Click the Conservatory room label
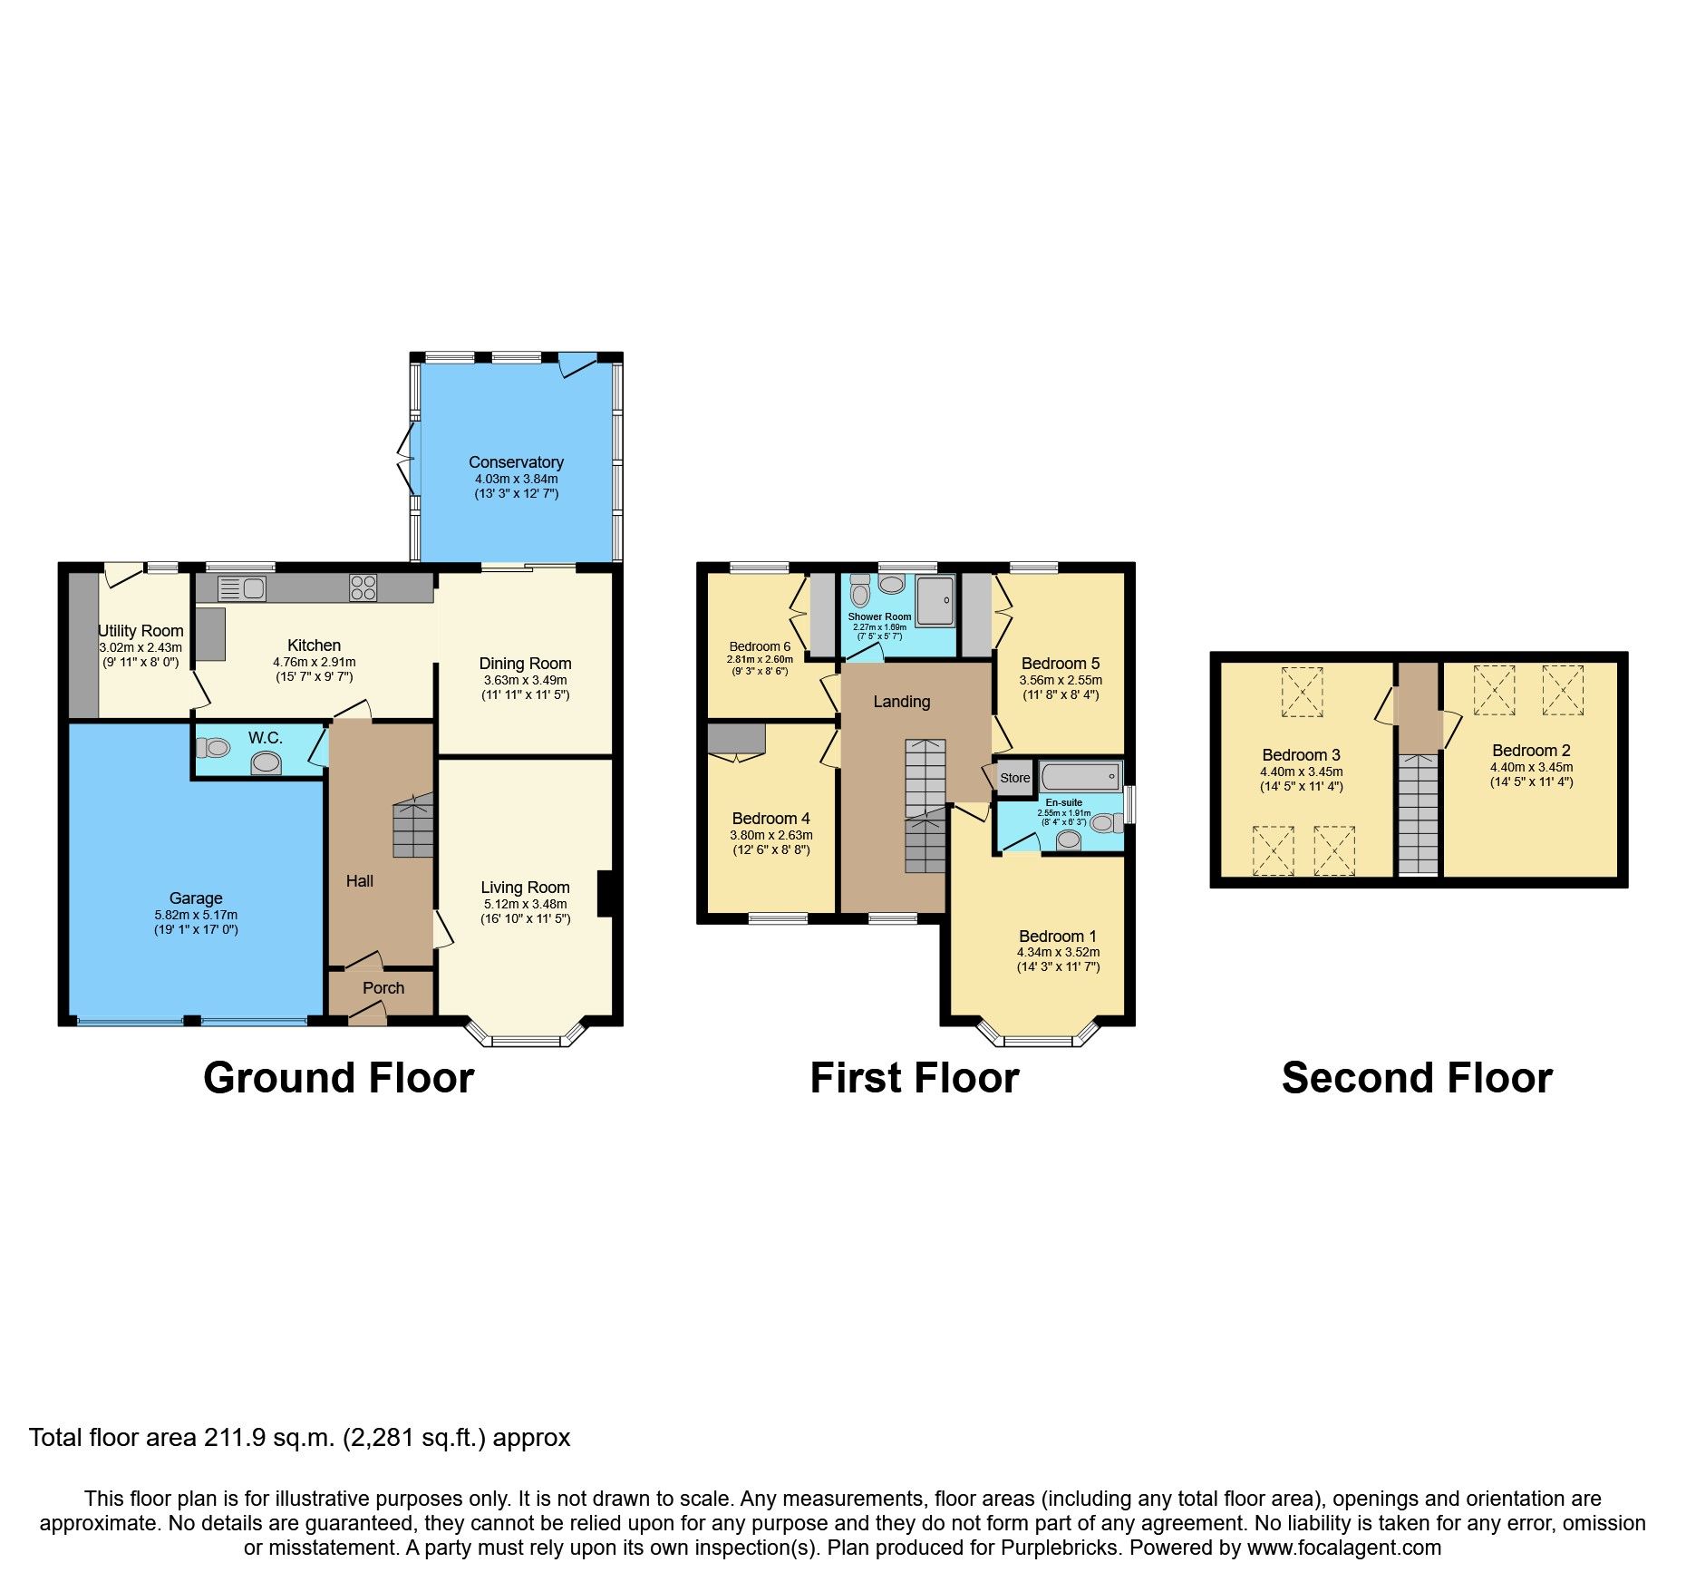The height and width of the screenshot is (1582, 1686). [x=516, y=462]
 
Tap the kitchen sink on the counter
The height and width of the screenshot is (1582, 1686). [x=242, y=588]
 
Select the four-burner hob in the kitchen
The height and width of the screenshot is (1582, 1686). [x=363, y=587]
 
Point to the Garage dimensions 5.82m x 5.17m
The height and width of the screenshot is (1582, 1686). [x=196, y=916]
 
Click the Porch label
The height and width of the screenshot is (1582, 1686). [x=383, y=988]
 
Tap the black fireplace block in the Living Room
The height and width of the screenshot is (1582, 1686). [x=606, y=894]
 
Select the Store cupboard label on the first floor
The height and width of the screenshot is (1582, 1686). [x=1014, y=778]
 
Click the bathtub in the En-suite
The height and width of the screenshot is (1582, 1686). [x=1080, y=777]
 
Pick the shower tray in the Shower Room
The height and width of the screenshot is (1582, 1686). [x=935, y=600]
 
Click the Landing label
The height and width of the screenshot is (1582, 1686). [x=901, y=702]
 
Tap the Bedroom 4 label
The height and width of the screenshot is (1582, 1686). [x=770, y=819]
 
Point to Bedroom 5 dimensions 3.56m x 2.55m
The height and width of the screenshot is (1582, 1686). [x=1061, y=680]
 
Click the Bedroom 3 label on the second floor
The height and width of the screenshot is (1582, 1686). [x=1301, y=755]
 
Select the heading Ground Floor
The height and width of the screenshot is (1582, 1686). [x=338, y=1078]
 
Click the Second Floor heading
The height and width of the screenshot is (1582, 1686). [x=1417, y=1078]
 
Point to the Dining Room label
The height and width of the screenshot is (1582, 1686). [x=525, y=664]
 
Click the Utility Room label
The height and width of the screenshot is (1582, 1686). [x=141, y=631]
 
